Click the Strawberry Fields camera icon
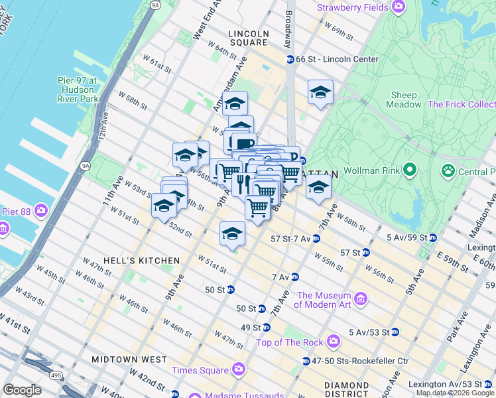pos(399,7)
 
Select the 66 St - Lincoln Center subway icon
pos(290,60)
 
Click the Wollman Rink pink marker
pos(409,170)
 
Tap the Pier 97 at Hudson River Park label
pos(77,90)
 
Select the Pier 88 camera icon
pos(41,212)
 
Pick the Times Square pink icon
pos(238,369)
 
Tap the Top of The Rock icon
pos(333,342)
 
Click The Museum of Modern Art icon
pos(361,300)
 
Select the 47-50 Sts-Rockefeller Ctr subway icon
pos(306,361)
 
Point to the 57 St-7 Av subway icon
pos(316,239)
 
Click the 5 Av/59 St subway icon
pos(432,237)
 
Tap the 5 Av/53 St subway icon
pos(395,332)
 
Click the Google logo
pos(22,390)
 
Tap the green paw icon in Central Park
pos(449,170)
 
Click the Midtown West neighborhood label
pos(129,360)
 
